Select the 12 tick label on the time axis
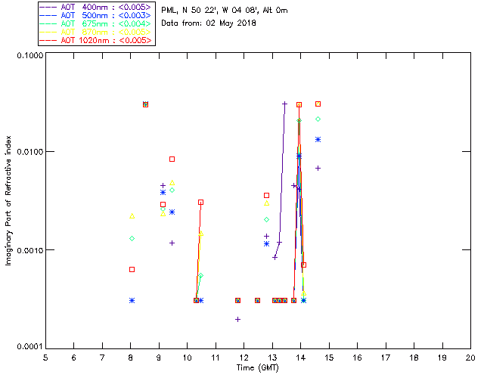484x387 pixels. [x=244, y=358]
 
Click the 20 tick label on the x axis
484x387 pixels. [x=470, y=358]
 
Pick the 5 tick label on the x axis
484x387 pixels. [x=45, y=358]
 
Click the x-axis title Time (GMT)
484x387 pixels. [x=257, y=367]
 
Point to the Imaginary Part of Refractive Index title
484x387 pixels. [x=10, y=201]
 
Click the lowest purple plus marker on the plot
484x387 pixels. [x=238, y=319]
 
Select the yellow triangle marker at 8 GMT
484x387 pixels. [x=132, y=216]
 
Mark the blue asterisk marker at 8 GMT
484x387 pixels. [x=132, y=300]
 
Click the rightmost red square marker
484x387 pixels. [x=318, y=104]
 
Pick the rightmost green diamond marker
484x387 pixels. [x=318, y=119]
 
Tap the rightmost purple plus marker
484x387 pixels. [x=318, y=168]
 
